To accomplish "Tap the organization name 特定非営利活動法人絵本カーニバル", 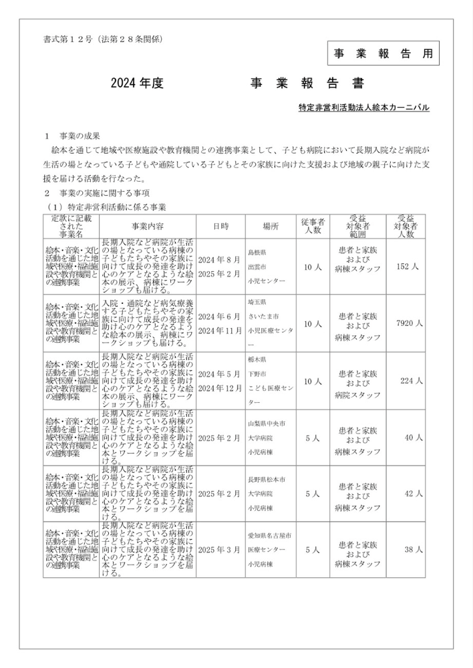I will coord(363,107).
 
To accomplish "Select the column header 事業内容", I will coord(148,226).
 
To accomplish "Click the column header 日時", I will coord(220,226).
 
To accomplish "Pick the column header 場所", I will coord(271,226).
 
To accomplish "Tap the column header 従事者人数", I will coord(313,226).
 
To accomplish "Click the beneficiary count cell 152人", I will coord(407,266).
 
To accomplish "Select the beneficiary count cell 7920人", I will coord(409,323).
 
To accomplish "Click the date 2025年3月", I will coord(219,550).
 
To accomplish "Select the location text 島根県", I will coord(257,253).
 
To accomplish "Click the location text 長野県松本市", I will coord(266,480).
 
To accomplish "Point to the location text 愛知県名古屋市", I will coord(268,536).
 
